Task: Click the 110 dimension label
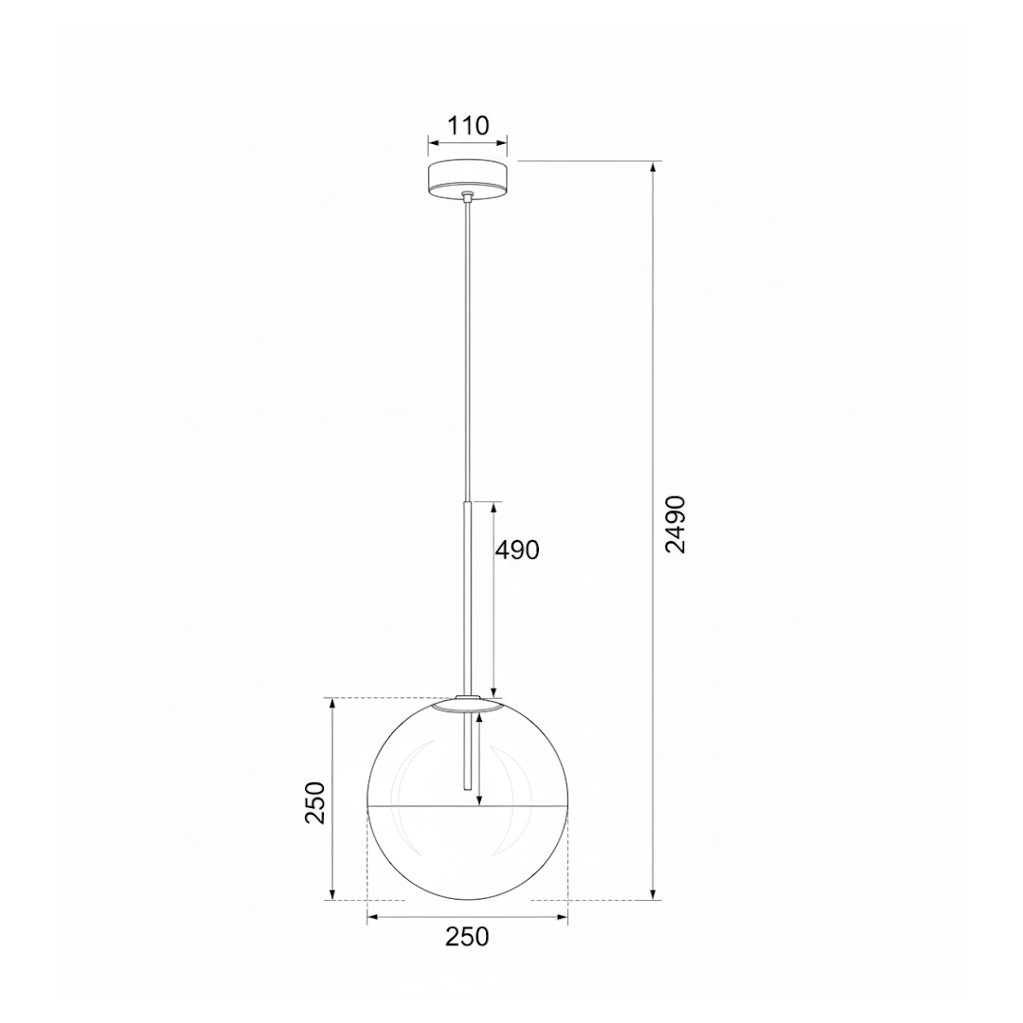[x=469, y=125]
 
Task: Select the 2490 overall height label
[x=675, y=524]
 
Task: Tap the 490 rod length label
[x=517, y=550]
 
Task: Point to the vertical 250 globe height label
[x=315, y=802]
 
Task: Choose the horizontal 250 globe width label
[x=467, y=937]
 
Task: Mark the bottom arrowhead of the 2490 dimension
[x=653, y=893]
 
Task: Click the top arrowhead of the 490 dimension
[x=494, y=509]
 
